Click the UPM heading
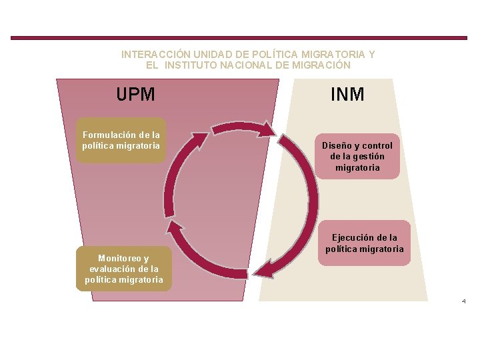click(x=135, y=95)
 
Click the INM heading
click(x=347, y=95)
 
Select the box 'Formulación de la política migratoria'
click(x=121, y=141)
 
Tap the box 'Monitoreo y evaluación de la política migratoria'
click(x=123, y=269)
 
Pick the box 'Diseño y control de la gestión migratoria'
click(x=357, y=157)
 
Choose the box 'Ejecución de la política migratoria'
click(x=365, y=243)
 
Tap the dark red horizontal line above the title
click(x=240, y=38)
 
